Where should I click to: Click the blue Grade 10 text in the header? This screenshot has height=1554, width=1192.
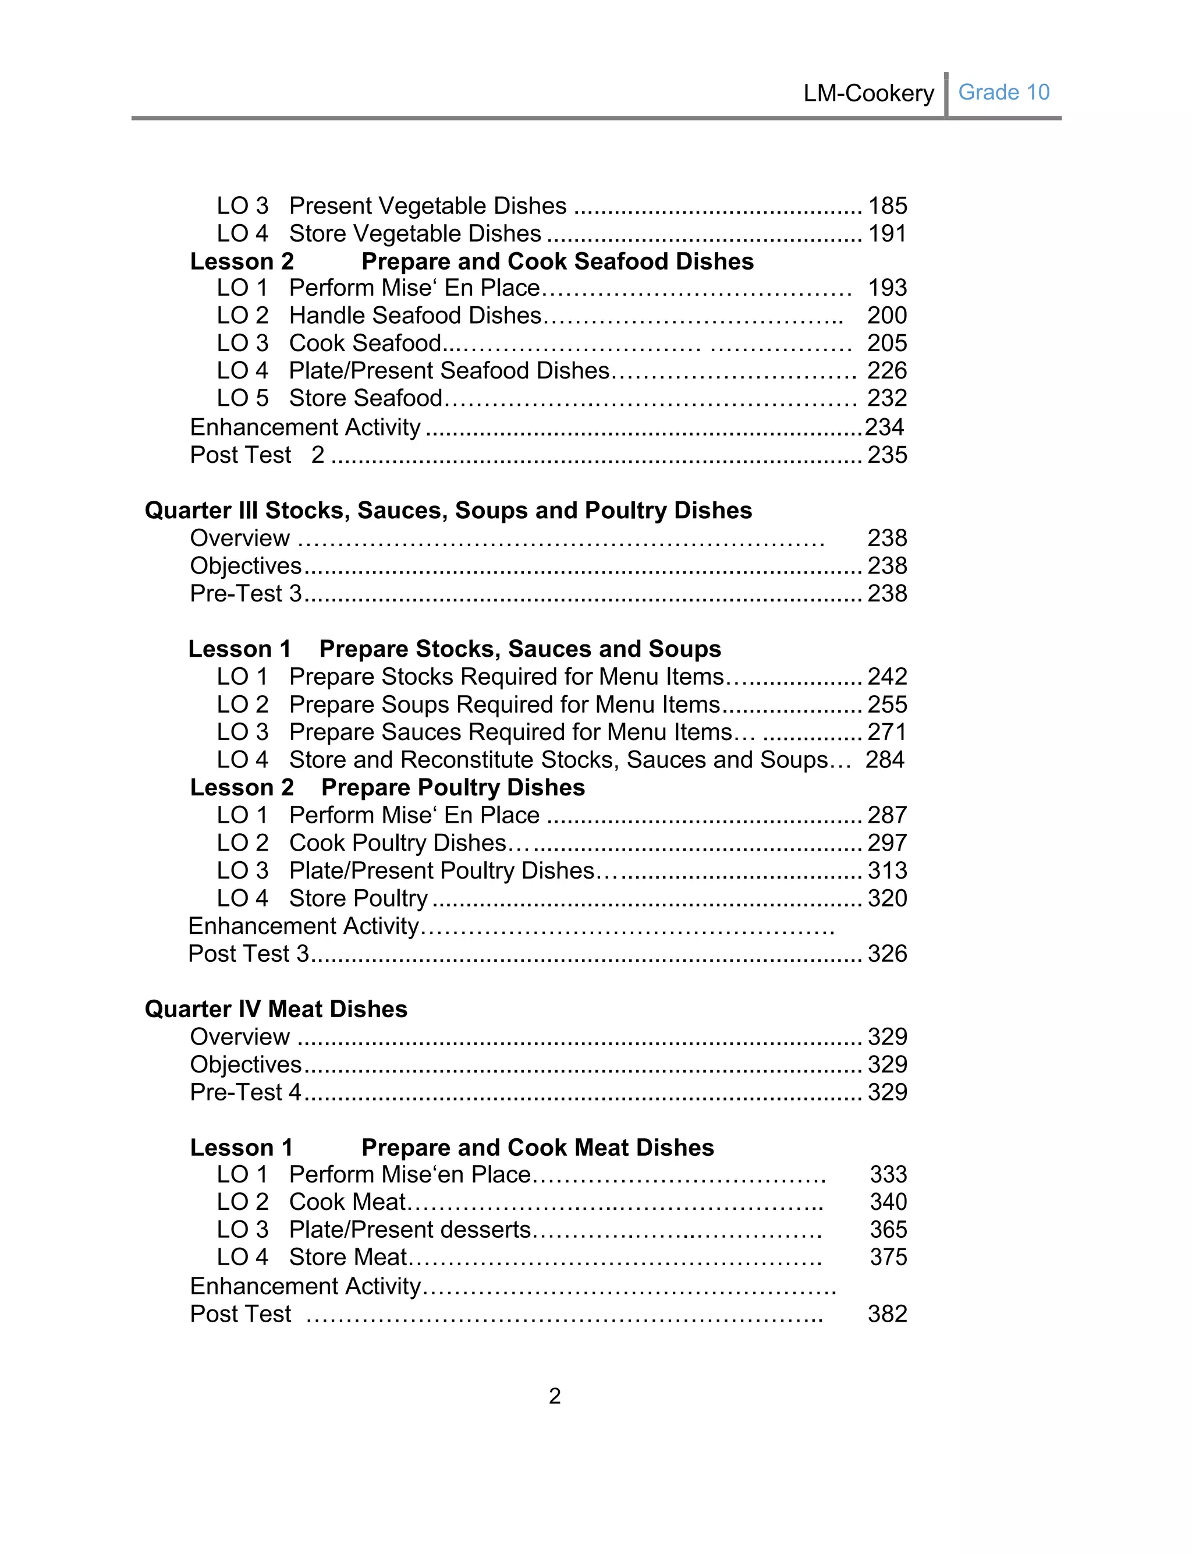1003,92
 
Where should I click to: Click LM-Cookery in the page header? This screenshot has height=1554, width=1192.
868,93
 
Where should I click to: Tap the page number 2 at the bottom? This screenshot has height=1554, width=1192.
555,1396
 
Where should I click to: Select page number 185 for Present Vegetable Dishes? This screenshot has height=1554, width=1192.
888,206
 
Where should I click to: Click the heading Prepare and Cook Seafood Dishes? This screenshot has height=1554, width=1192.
557,261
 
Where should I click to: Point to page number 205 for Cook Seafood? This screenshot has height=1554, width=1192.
887,343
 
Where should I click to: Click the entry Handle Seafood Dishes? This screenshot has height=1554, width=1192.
415,315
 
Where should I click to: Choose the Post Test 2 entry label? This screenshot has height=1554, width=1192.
257,455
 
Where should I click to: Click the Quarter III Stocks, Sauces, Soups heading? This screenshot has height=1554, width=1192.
448,510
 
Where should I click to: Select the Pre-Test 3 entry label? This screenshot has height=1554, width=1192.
246,593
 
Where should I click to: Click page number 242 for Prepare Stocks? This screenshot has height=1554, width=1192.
887,676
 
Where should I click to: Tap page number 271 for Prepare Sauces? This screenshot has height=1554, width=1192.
887,732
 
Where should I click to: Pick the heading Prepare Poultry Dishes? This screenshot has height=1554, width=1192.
453,787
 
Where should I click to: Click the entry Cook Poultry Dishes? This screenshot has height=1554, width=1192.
398,843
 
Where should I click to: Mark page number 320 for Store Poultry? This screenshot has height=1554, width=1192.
887,898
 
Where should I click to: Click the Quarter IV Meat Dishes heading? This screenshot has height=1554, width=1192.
276,1009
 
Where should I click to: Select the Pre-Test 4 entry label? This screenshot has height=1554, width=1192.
246,1092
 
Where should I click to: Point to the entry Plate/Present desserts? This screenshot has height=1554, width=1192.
410,1229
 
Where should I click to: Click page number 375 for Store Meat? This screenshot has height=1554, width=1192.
888,1256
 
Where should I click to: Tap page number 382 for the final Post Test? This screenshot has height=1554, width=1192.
887,1314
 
